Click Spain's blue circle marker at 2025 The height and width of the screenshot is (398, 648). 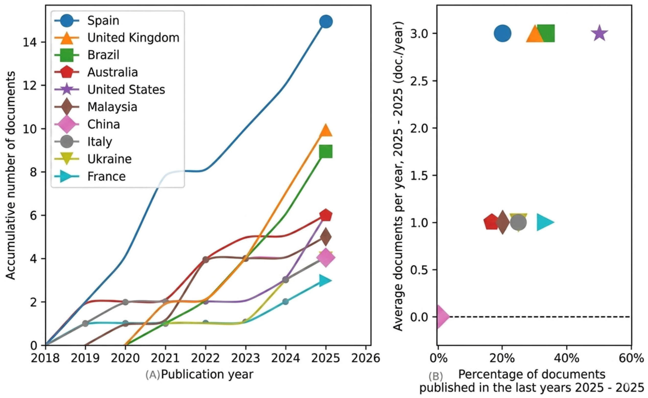coord(326,22)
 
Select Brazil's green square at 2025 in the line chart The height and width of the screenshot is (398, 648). coord(326,151)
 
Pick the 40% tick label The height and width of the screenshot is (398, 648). coord(566,358)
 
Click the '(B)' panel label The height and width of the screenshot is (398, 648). coord(436,376)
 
